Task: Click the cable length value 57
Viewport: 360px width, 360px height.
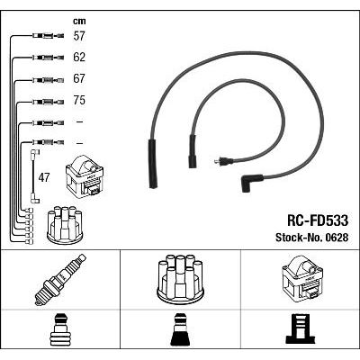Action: coord(79,36)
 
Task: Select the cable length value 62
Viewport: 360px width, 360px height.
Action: coord(79,58)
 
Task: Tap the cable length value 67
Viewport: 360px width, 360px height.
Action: coord(79,78)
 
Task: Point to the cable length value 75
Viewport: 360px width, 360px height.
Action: coord(79,100)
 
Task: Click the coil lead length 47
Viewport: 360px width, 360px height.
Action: coord(44,178)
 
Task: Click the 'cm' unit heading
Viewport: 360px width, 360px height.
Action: coord(79,21)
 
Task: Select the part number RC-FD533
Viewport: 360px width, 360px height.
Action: coord(318,220)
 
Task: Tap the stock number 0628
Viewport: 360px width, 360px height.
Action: coord(336,238)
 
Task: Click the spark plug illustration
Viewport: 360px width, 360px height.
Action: coord(60,280)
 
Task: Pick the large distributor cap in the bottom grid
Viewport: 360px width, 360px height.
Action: coord(180,278)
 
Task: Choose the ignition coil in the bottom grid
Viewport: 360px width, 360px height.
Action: coord(301,278)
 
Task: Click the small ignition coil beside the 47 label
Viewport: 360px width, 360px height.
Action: coord(85,175)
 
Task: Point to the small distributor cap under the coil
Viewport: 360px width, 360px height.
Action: coord(65,224)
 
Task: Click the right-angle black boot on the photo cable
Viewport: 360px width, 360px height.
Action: coord(251,183)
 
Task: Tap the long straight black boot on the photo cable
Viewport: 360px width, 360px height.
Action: coord(154,164)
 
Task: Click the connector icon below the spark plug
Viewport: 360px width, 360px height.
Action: coord(60,330)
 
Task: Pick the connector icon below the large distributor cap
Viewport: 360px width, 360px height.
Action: coord(181,330)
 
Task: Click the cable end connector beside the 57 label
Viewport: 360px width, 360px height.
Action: coord(48,36)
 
